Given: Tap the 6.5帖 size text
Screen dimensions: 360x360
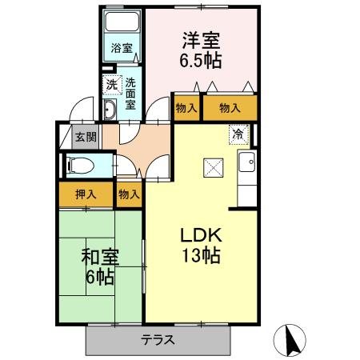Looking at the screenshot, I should pyautogui.click(x=200, y=60).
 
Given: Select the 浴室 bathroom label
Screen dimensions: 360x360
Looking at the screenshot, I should pyautogui.click(x=122, y=48).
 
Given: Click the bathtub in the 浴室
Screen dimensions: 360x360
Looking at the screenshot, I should pyautogui.click(x=122, y=22).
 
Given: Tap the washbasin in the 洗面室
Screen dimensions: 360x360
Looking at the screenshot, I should pyautogui.click(x=111, y=111).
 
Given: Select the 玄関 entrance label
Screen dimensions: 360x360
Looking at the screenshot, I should pyautogui.click(x=86, y=136).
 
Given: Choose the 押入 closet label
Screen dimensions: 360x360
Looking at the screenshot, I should pyautogui.click(x=86, y=194).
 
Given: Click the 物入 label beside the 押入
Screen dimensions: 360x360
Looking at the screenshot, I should pyautogui.click(x=128, y=194).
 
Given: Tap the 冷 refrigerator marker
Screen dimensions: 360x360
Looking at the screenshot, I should pyautogui.click(x=238, y=134).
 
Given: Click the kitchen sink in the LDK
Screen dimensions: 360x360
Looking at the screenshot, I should pyautogui.click(x=247, y=164).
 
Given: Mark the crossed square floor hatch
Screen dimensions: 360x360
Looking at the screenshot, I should pyautogui.click(x=212, y=167).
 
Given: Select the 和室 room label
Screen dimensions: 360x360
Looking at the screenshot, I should pyautogui.click(x=100, y=258).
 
